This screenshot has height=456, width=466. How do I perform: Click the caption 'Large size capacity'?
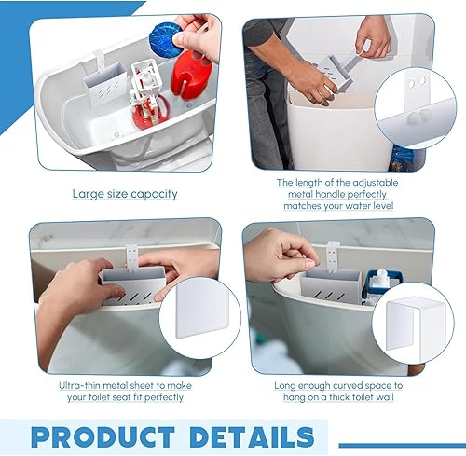coord(125,194)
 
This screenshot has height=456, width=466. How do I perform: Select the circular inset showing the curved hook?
coord(410,317)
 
